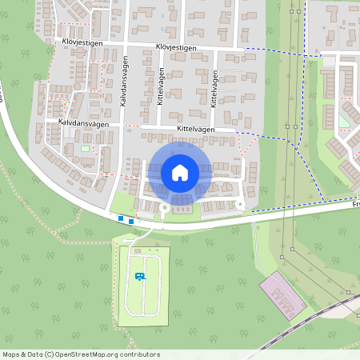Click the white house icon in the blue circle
click(x=179, y=172)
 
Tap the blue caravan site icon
click(x=140, y=276)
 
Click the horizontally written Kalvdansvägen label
click(x=82, y=122)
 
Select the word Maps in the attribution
click(x=11, y=354)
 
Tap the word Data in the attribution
click(x=35, y=354)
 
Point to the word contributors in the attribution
click(x=141, y=354)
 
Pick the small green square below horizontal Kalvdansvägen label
click(x=85, y=148)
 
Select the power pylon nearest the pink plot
click(x=282, y=257)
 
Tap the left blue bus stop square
click(x=121, y=218)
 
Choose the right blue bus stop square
click(x=130, y=220)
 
